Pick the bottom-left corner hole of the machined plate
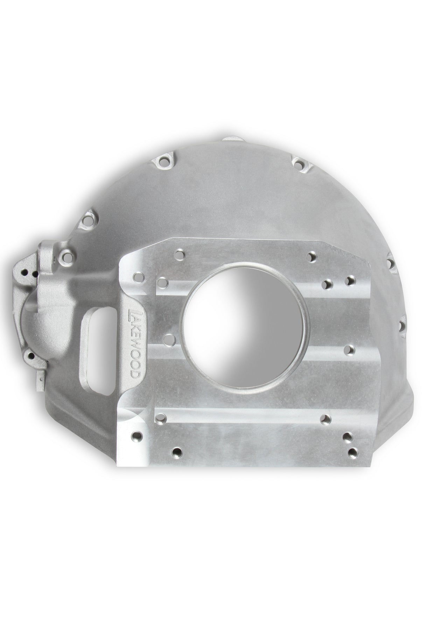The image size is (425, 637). pyautogui.click(x=136, y=436)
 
